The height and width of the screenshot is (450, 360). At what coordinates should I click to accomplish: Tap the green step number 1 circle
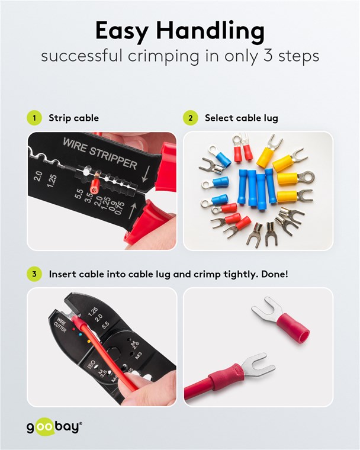tap(34, 118)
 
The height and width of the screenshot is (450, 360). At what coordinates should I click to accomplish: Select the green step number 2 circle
tap(191, 118)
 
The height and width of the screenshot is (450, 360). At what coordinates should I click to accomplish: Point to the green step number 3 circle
tap(34, 274)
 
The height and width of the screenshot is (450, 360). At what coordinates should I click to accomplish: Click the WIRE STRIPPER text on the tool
tap(100, 153)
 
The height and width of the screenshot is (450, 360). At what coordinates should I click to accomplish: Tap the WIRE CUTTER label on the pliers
tap(60, 325)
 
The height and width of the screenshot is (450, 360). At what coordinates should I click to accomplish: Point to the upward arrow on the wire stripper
tap(133, 211)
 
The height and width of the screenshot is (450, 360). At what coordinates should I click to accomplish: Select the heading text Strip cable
tap(73, 118)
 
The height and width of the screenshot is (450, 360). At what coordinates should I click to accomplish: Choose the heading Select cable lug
tap(242, 118)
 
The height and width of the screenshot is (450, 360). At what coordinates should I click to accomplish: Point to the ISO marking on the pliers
tap(91, 365)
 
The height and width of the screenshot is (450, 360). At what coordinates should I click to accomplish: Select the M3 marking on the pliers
tap(139, 356)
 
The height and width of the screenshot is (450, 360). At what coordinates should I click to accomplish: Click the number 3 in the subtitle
tap(268, 56)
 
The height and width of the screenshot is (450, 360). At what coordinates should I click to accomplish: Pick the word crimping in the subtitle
tap(163, 56)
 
